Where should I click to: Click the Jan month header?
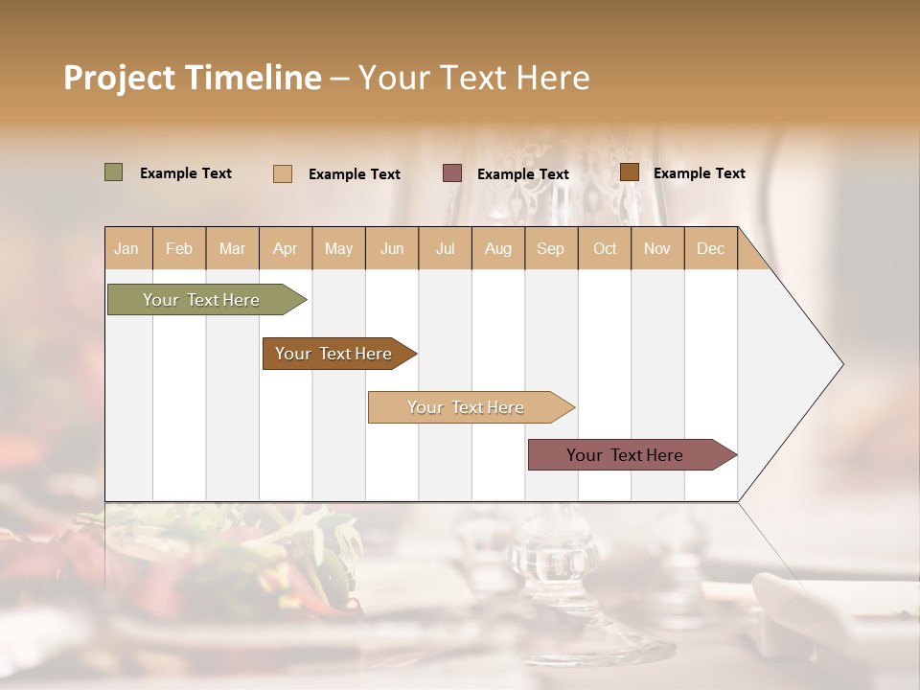(126, 249)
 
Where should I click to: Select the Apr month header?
(286, 249)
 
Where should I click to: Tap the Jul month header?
(446, 249)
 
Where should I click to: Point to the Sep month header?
(550, 249)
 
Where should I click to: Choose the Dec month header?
(710, 249)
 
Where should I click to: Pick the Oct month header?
(605, 249)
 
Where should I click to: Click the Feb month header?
(179, 249)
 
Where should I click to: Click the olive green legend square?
(114, 172)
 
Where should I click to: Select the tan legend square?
(283, 173)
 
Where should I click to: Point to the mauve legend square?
(452, 173)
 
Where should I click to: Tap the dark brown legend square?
(630, 172)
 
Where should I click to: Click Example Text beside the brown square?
(699, 173)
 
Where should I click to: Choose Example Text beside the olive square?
(186, 173)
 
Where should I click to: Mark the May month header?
(338, 249)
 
